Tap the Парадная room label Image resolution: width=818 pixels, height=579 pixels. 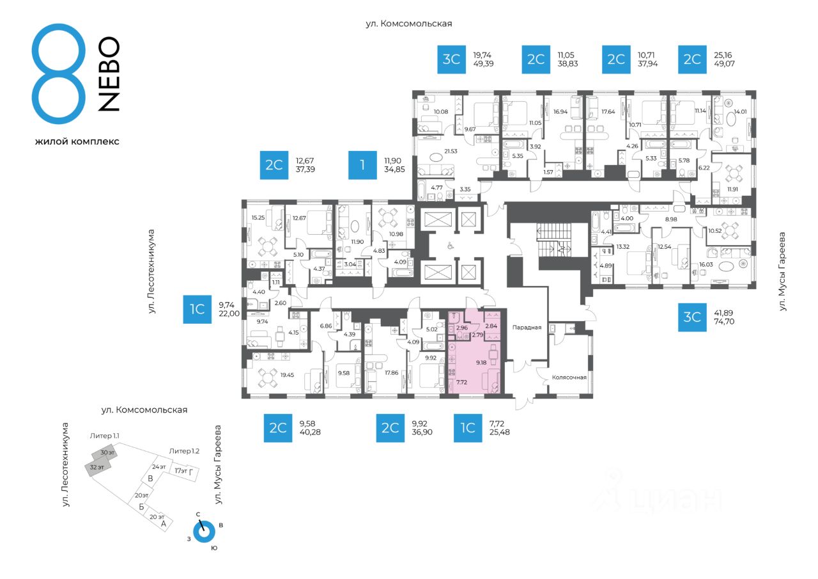point(527,328)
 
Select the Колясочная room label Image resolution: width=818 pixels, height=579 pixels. point(569,377)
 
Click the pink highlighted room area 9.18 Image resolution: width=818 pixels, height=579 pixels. point(481,363)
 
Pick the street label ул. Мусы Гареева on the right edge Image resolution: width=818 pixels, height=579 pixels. point(783,272)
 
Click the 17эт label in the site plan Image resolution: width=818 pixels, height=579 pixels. point(181,471)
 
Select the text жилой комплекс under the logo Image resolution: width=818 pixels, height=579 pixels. point(77,141)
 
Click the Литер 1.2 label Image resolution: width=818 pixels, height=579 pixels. point(184,451)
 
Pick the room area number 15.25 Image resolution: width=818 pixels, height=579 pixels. point(258,218)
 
